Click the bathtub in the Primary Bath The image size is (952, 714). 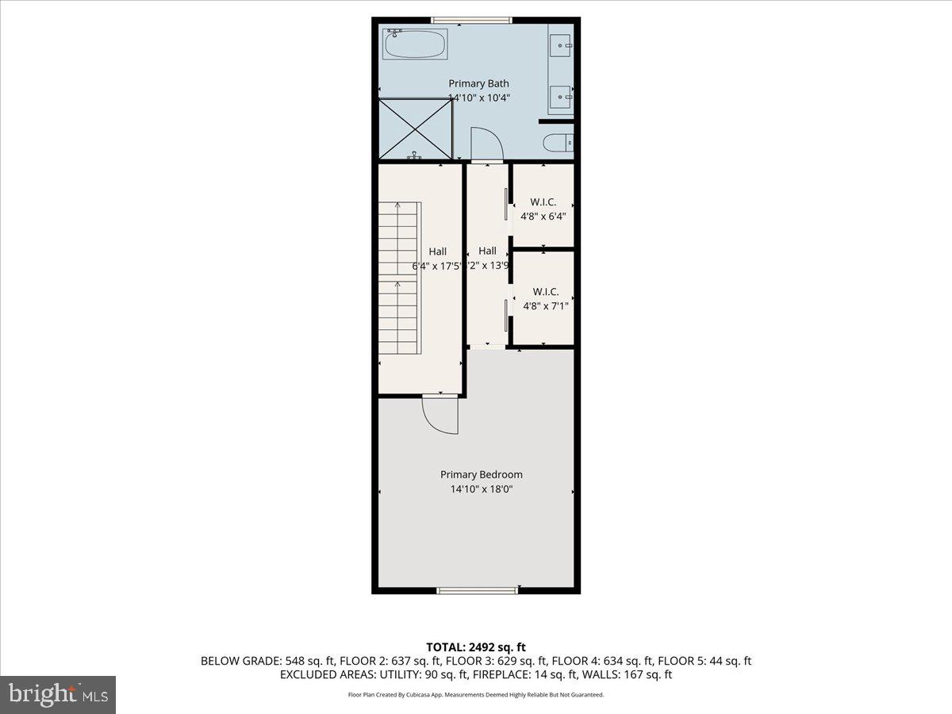416,44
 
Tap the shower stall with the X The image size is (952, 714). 415,129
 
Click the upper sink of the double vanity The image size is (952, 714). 561,45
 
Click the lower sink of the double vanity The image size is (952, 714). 561,97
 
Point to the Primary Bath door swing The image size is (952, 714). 486,144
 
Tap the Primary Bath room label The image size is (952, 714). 478,83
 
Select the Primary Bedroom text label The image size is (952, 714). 482,474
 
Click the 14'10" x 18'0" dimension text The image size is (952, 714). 482,489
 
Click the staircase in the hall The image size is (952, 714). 397,278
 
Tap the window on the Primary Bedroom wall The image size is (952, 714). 478,589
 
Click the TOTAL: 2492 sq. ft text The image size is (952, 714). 476,647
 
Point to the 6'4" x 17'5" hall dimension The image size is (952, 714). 436,267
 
